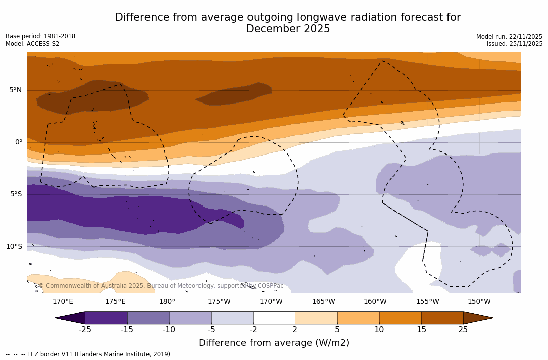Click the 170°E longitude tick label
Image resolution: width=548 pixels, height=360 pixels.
(x=63, y=302)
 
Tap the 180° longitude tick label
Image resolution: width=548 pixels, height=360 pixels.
(x=167, y=302)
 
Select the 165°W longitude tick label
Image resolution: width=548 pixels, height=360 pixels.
(x=323, y=302)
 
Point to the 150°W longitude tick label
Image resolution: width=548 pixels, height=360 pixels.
(x=479, y=302)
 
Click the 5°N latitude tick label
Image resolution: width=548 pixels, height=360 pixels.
(x=15, y=90)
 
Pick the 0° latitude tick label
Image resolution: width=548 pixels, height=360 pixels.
(x=18, y=142)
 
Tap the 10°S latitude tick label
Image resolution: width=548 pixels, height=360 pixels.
(x=14, y=247)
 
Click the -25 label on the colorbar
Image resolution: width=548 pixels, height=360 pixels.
(x=85, y=330)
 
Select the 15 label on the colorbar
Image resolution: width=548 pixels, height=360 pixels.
(x=421, y=330)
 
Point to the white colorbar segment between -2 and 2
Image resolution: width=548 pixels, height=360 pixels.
(x=274, y=318)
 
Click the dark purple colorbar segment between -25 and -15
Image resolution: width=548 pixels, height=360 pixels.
(x=106, y=318)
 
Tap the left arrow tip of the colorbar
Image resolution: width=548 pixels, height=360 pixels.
(x=57, y=318)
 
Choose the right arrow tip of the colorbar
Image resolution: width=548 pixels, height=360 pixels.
(x=491, y=318)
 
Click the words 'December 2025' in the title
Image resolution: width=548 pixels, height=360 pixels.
(x=288, y=29)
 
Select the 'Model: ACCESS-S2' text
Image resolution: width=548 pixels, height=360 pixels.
(x=32, y=44)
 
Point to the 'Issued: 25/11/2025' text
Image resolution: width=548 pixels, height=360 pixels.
(x=515, y=44)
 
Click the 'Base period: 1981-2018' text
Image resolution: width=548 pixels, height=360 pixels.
(x=40, y=36)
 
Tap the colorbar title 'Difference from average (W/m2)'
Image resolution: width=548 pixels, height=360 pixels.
(x=274, y=343)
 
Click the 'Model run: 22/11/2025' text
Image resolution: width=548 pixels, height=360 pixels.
(x=509, y=37)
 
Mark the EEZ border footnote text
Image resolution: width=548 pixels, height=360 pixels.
(x=89, y=354)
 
